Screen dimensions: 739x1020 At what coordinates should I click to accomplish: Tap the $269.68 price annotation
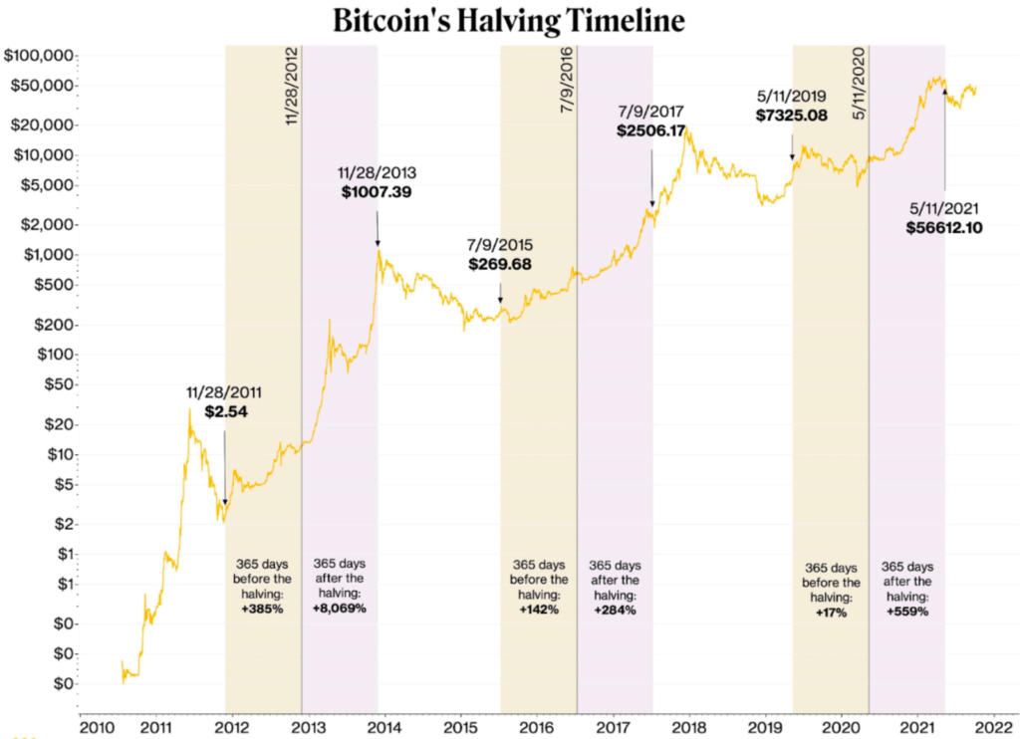click(500, 265)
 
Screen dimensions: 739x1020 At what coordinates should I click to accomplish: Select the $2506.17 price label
click(651, 130)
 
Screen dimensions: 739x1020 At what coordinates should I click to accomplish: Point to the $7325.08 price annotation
click(792, 117)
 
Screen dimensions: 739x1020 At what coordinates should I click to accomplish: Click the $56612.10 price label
click(944, 228)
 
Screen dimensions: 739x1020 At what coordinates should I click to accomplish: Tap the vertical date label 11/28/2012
click(292, 87)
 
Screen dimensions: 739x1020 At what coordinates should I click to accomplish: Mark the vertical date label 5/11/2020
click(859, 83)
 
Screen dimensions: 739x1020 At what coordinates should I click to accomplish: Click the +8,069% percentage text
click(340, 609)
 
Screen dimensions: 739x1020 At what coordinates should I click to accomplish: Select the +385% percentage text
click(263, 609)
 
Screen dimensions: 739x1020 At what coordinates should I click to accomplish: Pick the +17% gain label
click(831, 613)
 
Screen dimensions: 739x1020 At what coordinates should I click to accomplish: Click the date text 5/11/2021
click(944, 209)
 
